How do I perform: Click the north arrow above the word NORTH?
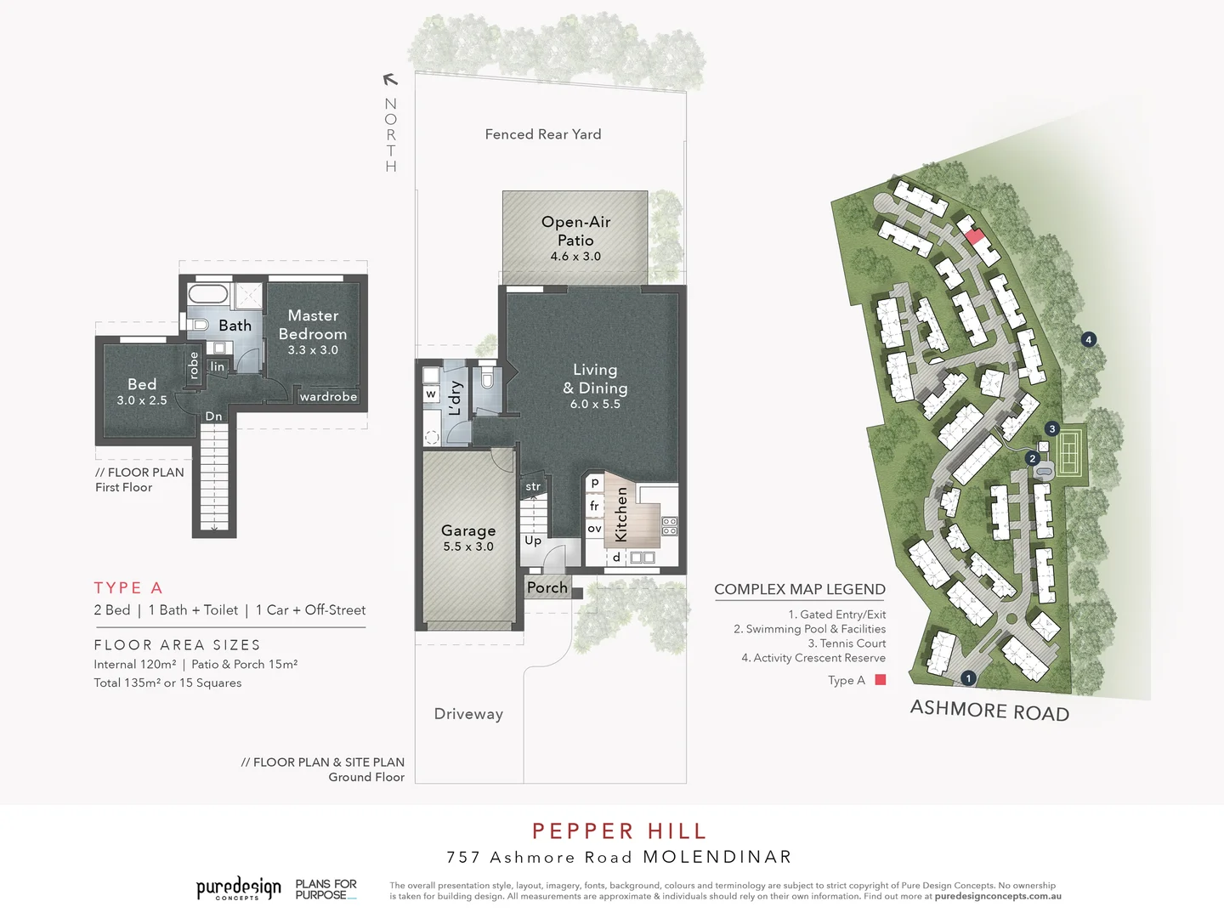390,80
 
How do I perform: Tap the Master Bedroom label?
313,326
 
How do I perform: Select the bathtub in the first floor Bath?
208,295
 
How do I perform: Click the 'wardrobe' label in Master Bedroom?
328,397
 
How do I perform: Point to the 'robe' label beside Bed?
194,365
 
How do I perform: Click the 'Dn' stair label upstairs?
213,416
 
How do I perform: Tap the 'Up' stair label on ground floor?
533,541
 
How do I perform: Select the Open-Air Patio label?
575,231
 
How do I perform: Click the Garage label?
468,530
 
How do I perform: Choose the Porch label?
547,587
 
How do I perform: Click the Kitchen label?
621,514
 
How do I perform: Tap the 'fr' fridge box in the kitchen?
594,506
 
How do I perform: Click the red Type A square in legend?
881,680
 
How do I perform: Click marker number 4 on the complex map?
1088,340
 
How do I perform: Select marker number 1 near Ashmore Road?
968,678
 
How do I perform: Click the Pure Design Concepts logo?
239,889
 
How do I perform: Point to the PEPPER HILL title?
619,831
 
